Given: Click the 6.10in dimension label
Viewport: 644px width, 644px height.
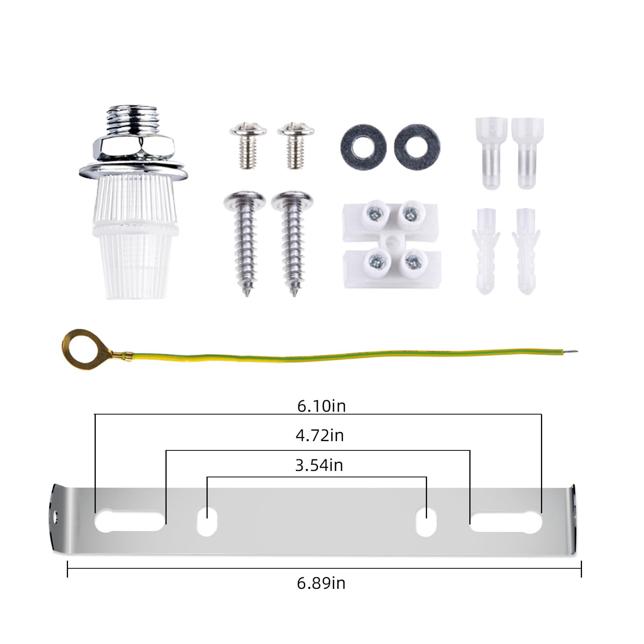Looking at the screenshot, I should click(321, 406).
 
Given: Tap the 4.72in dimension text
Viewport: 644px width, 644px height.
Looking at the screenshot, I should click(320, 436).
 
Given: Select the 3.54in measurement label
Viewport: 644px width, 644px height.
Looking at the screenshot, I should click(319, 465).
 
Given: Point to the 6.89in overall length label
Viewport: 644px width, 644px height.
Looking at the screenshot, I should click(321, 583).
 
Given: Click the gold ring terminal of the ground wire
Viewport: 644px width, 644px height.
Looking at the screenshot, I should click(79, 345).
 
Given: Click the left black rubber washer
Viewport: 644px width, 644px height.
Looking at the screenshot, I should click(363, 147).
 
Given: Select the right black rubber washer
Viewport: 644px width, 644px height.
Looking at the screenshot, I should click(417, 147).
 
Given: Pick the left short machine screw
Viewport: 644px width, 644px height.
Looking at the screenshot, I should click(248, 145).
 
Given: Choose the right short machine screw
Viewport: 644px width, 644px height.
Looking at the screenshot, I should click(296, 145).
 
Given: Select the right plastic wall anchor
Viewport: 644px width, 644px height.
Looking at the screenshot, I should click(526, 250).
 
